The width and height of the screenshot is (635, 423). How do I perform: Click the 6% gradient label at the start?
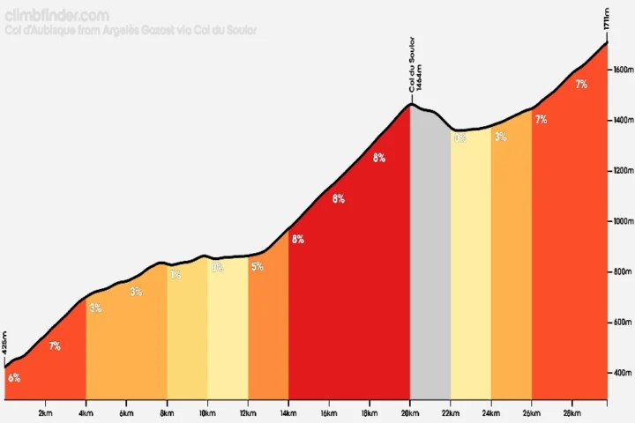coord(14,378)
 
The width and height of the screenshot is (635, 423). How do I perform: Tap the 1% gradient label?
coord(176,274)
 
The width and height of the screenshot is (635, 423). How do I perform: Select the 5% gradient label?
coord(257,266)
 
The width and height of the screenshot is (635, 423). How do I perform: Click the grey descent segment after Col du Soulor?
coord(430,264)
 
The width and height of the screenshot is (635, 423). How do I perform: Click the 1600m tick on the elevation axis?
coord(621,70)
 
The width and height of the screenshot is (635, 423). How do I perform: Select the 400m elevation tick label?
coord(622,373)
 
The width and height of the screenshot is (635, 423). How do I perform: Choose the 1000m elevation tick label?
coord(621,221)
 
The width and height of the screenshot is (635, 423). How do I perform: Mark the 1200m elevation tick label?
coord(621,171)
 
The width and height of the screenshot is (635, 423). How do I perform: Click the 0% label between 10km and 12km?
coord(216,269)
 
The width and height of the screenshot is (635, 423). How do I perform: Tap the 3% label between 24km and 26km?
coord(501,137)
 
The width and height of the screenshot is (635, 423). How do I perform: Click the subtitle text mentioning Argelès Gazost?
coord(131,30)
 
